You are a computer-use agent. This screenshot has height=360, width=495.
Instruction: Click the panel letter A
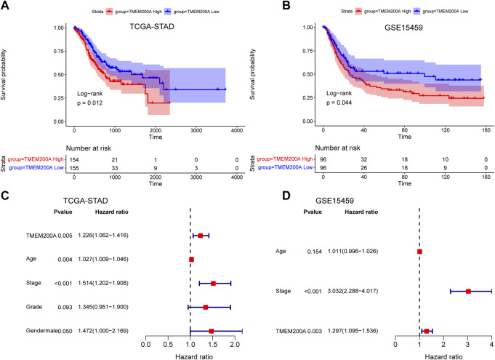pyautogui.click(x=6, y=9)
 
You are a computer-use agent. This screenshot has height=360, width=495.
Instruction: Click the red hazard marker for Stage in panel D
pyautogui.click(x=468, y=291)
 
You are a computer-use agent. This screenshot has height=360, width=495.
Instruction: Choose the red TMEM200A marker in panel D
pyautogui.click(x=427, y=331)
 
